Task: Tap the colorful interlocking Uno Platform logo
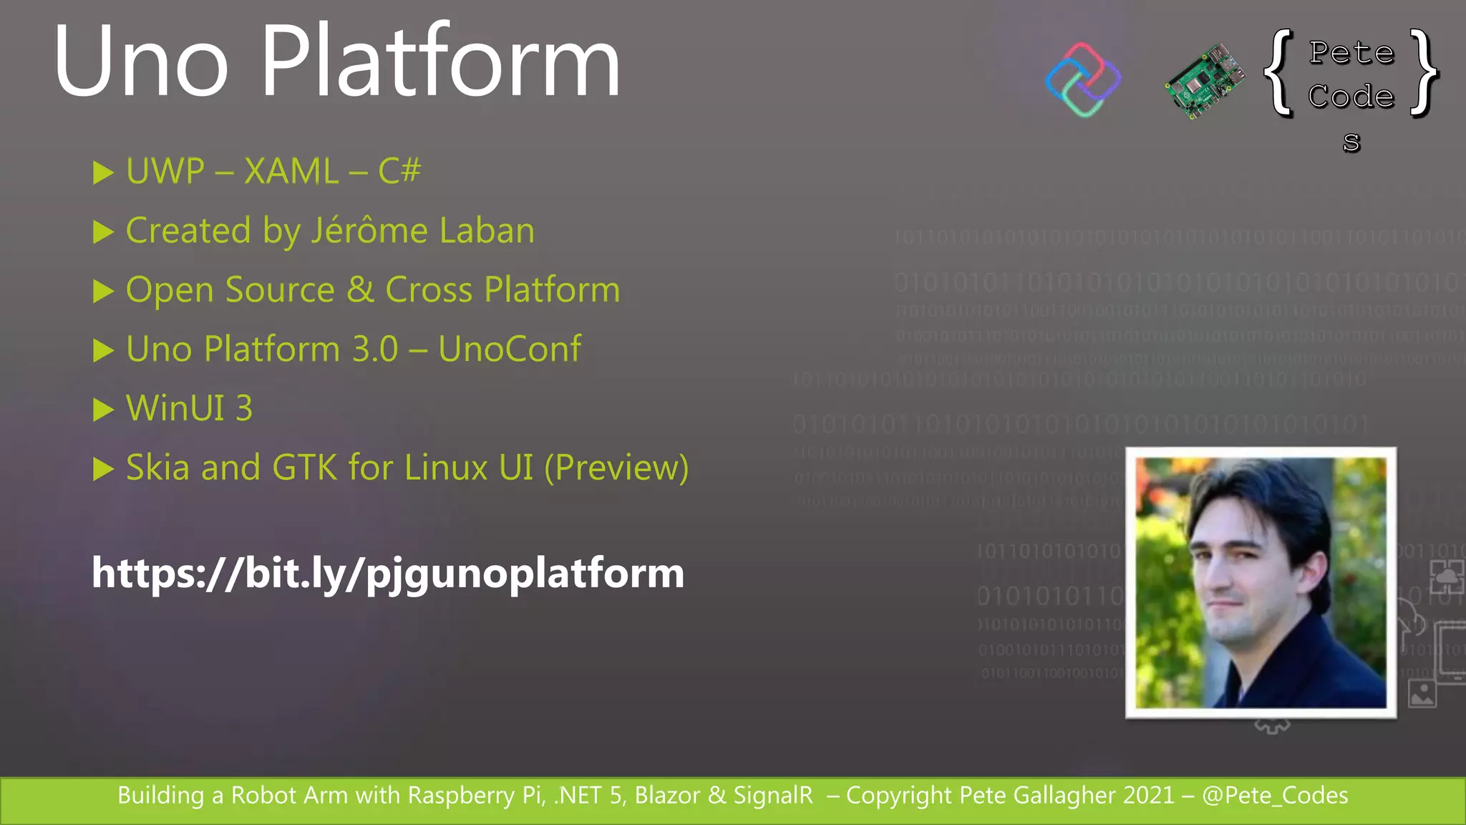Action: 1083,79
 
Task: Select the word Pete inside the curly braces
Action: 1351,53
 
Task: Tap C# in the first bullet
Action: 399,172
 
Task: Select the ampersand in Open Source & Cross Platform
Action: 360,290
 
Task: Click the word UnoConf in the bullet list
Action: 510,349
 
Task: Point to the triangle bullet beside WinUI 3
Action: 103,410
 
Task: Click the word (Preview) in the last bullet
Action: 616,468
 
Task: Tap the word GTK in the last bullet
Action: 304,468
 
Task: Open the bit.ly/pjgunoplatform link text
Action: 387,574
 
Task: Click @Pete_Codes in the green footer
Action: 1275,796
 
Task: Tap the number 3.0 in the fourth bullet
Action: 375,349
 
